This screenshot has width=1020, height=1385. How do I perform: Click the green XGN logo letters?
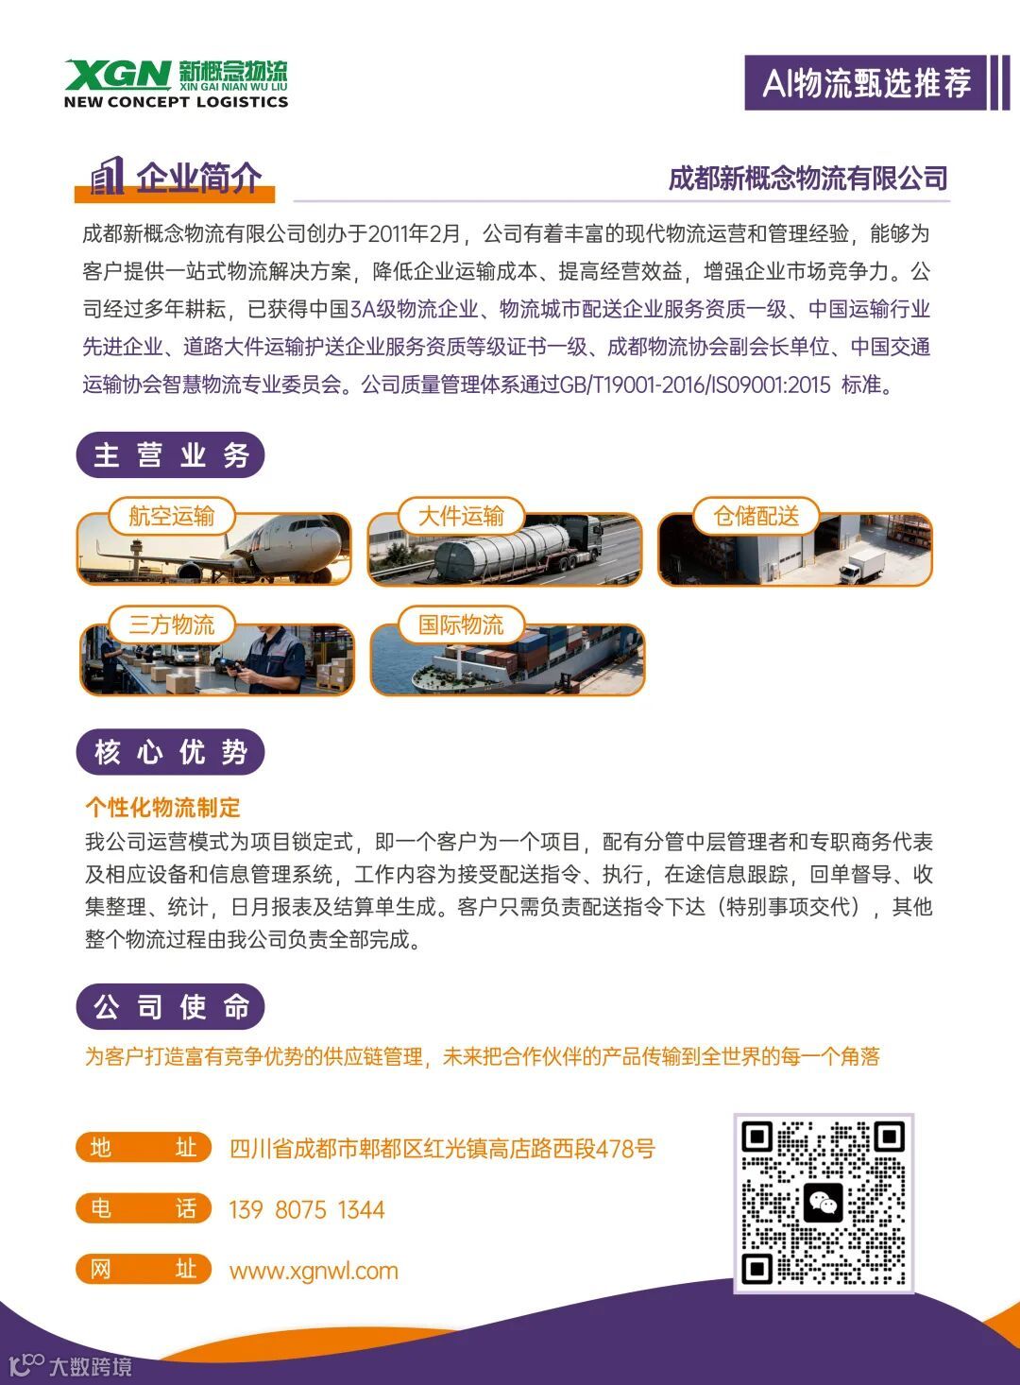pyautogui.click(x=117, y=75)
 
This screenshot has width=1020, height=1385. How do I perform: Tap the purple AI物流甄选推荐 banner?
pyautogui.click(x=865, y=83)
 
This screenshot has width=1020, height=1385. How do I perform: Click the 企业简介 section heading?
pyautogui.click(x=198, y=178)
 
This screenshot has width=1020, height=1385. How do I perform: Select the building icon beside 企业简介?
pyautogui.click(x=107, y=176)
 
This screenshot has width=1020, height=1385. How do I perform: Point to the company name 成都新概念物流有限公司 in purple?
pyautogui.click(x=807, y=178)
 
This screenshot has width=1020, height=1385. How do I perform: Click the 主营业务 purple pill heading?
pyautogui.click(x=171, y=455)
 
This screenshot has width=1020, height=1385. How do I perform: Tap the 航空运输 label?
pyautogui.click(x=171, y=516)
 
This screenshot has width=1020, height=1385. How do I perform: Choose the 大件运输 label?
pyautogui.click(x=461, y=516)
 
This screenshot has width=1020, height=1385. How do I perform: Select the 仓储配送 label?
pyautogui.click(x=756, y=516)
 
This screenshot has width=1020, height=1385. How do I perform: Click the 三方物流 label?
pyautogui.click(x=171, y=624)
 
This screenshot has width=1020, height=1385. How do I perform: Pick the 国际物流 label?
pyautogui.click(x=461, y=624)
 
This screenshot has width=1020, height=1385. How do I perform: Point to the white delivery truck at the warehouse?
pyautogui.click(x=861, y=565)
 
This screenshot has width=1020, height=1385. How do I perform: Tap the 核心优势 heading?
pyautogui.click(x=171, y=752)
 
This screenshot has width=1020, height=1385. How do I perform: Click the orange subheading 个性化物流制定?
pyautogui.click(x=162, y=807)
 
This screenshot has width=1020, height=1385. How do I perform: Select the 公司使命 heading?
pyautogui.click(x=171, y=1006)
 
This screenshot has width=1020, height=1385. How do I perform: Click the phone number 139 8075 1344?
pyautogui.click(x=307, y=1209)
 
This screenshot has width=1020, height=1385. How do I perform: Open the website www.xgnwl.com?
pyautogui.click(x=314, y=1272)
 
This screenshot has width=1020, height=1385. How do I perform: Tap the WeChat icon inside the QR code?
pyautogui.click(x=823, y=1204)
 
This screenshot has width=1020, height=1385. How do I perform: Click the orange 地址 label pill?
pyautogui.click(x=144, y=1148)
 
